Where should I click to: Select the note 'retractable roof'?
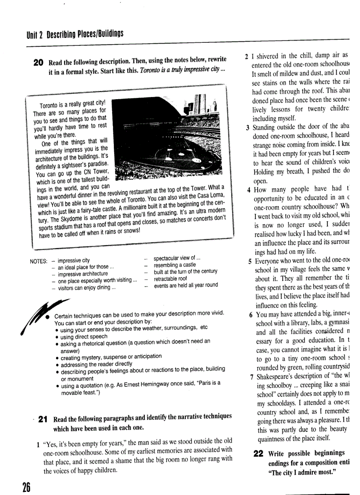(170, 279)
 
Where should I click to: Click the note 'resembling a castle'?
(175, 265)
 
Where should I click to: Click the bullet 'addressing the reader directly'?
(96, 363)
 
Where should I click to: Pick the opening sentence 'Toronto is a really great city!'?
(72, 104)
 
